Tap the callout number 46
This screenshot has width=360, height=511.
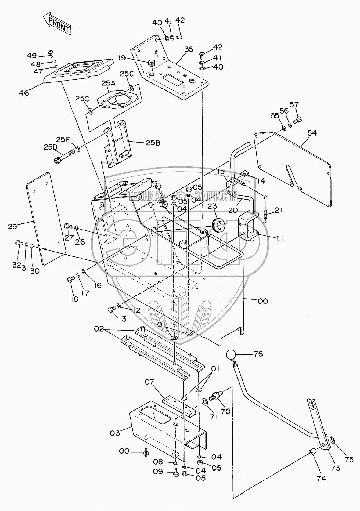(24, 93)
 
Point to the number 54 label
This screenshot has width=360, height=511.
(312, 133)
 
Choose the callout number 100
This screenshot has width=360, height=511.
(122, 451)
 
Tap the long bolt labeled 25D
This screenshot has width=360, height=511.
(65, 156)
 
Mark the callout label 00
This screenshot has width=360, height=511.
(263, 301)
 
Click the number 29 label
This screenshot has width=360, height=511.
(13, 226)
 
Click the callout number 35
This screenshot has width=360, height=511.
(189, 49)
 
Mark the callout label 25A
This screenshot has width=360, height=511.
(108, 83)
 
